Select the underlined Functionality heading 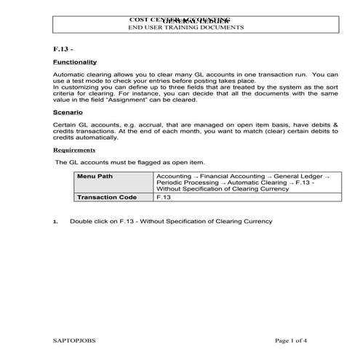[75, 63]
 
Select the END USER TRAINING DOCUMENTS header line [186, 27]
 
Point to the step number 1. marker [56, 221]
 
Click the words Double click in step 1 [88, 221]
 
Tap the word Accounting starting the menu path [172, 177]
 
